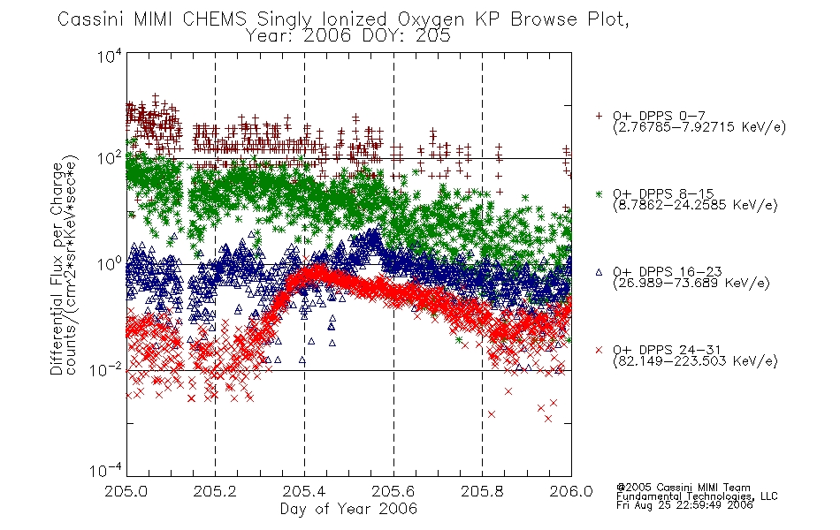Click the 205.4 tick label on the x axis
pos(304,491)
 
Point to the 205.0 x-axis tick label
pos(126,491)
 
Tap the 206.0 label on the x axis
pos(571,491)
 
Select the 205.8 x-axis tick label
pos(482,491)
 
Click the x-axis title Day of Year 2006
pos(348,509)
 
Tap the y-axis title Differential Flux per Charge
pos(57,269)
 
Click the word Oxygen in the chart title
pos(431,19)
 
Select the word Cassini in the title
pos(91,19)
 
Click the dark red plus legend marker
pos(599,116)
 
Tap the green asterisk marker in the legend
pos(599,193)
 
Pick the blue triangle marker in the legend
pos(599,272)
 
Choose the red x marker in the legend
pos(599,350)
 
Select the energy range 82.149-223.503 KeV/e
pos(695,361)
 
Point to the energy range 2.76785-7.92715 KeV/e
pos(699,127)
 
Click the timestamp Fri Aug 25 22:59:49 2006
pos(684,504)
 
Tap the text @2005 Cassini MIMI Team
pos(683,488)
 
